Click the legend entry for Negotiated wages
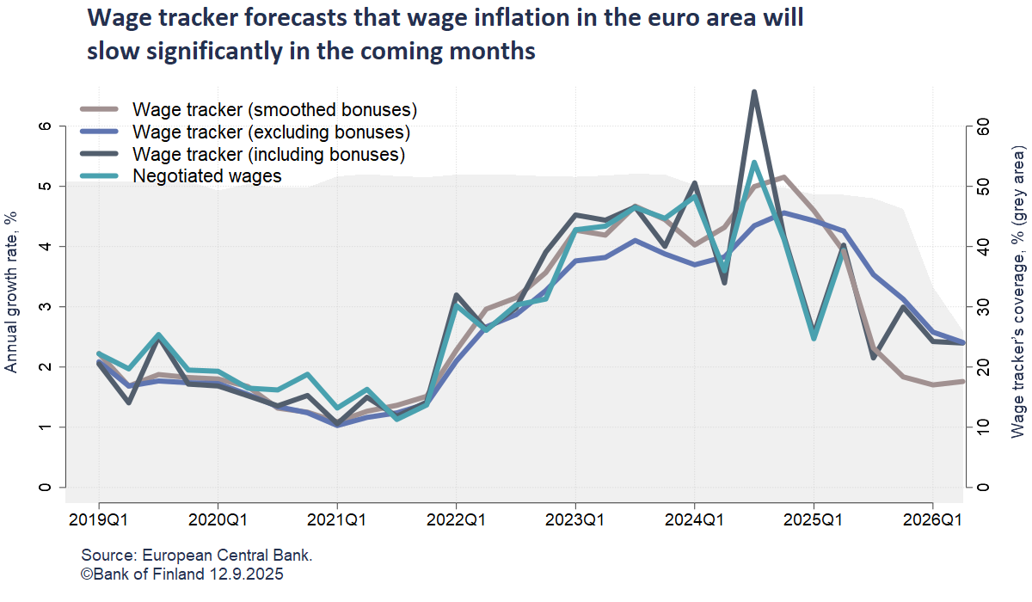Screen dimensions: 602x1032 pyautogui.click(x=207, y=176)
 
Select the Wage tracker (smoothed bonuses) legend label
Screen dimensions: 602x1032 pyautogui.click(x=274, y=110)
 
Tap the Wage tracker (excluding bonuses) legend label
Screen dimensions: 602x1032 pyautogui.click(x=271, y=132)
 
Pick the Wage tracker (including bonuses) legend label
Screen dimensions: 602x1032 pyautogui.click(x=268, y=155)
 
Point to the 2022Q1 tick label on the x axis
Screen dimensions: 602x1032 pyautogui.click(x=456, y=520)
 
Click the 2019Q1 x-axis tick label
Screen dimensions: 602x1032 pyautogui.click(x=98, y=520)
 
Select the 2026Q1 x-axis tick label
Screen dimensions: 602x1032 pyautogui.click(x=933, y=520)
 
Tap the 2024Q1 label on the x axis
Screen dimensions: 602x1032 pyautogui.click(x=694, y=520)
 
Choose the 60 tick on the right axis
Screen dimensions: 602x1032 pyautogui.click(x=983, y=126)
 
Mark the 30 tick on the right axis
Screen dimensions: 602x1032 pyautogui.click(x=983, y=307)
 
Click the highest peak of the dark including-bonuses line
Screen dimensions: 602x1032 pyautogui.click(x=754, y=92)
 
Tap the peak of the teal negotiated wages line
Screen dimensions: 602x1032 pyautogui.click(x=754, y=163)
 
